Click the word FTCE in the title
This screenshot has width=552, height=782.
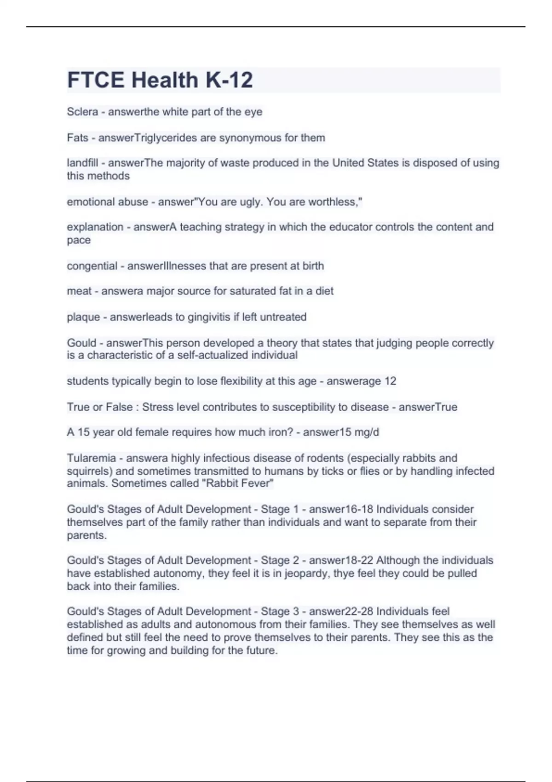tap(97, 80)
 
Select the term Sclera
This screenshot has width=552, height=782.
tap(82, 112)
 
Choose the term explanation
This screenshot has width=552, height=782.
tap(95, 227)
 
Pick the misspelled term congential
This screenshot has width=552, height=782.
tap(92, 266)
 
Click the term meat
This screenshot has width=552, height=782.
tap(79, 291)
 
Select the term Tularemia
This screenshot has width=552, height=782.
tap(91, 458)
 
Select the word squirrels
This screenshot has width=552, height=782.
tap(89, 471)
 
